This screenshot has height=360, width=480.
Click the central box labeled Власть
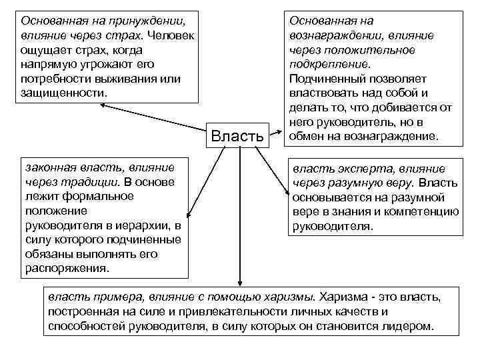(239, 137)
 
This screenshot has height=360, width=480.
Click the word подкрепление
(329, 65)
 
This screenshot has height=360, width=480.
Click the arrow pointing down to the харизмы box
(239, 280)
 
